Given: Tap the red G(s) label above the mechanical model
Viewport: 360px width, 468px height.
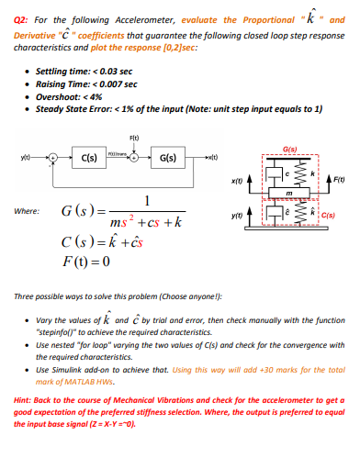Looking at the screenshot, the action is pos(291,148).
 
